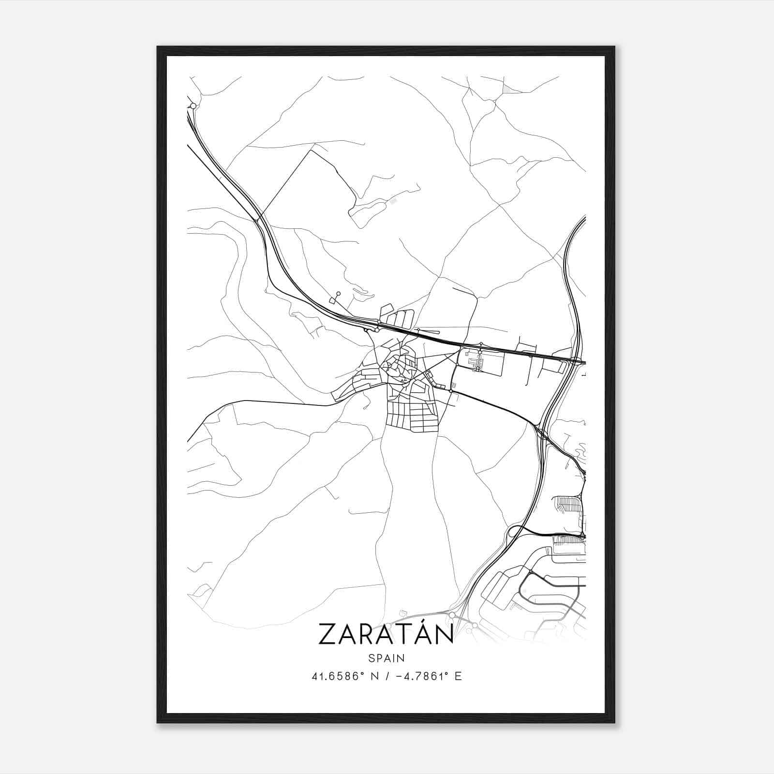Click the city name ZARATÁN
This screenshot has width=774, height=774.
(x=386, y=634)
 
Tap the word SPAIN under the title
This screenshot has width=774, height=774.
(x=386, y=658)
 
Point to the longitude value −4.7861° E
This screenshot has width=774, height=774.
(x=429, y=676)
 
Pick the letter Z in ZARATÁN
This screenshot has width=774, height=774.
(x=327, y=635)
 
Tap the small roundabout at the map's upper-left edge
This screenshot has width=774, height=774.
(x=193, y=105)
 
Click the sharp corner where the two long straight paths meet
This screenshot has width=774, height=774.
(x=310, y=150)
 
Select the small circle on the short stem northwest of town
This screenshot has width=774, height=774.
(x=338, y=293)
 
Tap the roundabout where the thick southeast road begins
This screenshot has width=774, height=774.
(x=451, y=390)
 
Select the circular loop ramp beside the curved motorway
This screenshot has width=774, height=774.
(x=514, y=531)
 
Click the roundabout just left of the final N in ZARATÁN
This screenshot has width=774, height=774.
(x=452, y=615)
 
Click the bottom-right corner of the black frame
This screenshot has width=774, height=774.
(x=614, y=722)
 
